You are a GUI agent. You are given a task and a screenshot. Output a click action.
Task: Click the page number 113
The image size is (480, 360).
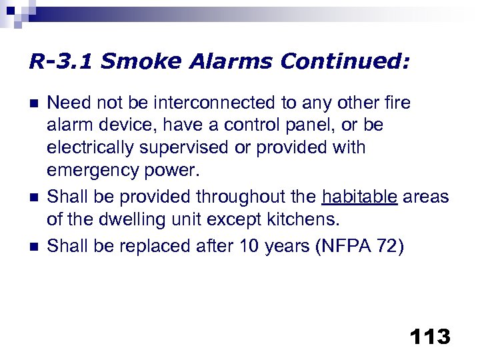tap(431, 337)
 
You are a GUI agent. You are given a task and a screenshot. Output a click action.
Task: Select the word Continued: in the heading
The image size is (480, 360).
tap(345, 62)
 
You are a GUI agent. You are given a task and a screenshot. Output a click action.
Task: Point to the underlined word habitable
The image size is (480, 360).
tap(359, 197)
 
